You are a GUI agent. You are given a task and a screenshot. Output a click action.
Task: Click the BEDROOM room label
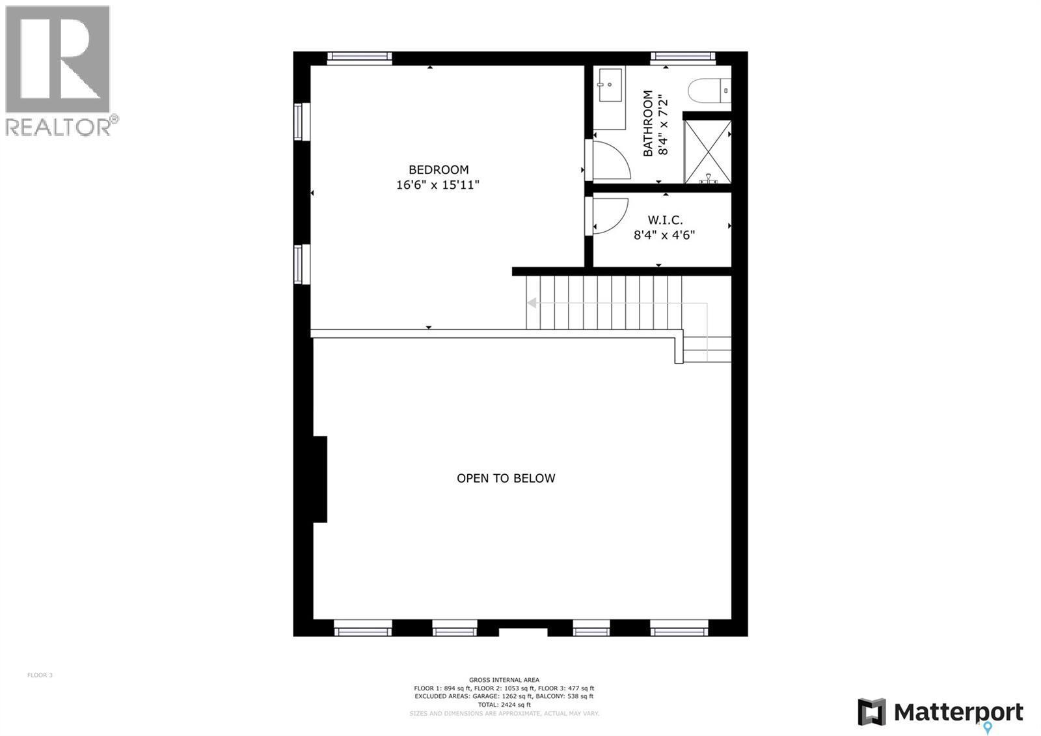coord(438,170)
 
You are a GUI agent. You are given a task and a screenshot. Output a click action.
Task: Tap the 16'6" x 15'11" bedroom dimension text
coord(438,185)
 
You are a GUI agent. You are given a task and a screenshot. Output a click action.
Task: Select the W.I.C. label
coord(665,220)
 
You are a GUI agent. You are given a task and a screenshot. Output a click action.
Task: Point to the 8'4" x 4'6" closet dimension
coord(665,234)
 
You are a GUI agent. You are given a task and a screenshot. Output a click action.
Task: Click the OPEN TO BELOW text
coord(506,478)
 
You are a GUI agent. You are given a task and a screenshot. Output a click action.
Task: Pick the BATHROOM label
coord(648,124)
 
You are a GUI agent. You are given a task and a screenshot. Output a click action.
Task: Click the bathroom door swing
coord(610,160)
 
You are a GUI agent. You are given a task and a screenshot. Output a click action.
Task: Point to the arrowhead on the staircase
coord(532,303)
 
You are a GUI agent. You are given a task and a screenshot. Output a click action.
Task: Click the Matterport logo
coord(940,712)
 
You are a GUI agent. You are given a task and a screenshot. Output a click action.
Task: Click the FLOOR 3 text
coord(40,675)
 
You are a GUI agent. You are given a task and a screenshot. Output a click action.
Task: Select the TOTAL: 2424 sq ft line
coord(504,705)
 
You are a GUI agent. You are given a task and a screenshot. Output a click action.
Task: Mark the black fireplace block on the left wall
coord(319,479)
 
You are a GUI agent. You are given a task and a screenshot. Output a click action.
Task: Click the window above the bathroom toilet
coord(683,57)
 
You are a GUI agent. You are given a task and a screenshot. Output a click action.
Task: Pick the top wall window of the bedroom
coord(359,57)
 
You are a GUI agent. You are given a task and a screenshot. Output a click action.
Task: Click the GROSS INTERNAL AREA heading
coord(504,680)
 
